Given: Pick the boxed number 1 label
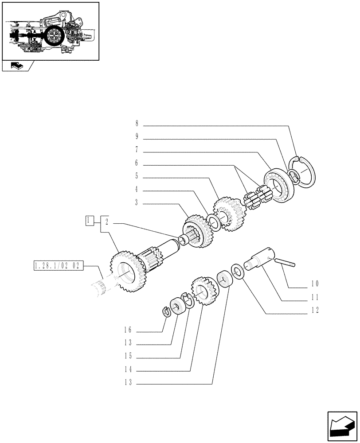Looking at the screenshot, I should (x=90, y=220).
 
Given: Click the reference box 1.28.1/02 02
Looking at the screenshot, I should (x=59, y=266).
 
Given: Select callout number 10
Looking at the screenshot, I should (x=315, y=284).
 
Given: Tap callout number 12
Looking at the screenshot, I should (x=315, y=311).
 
